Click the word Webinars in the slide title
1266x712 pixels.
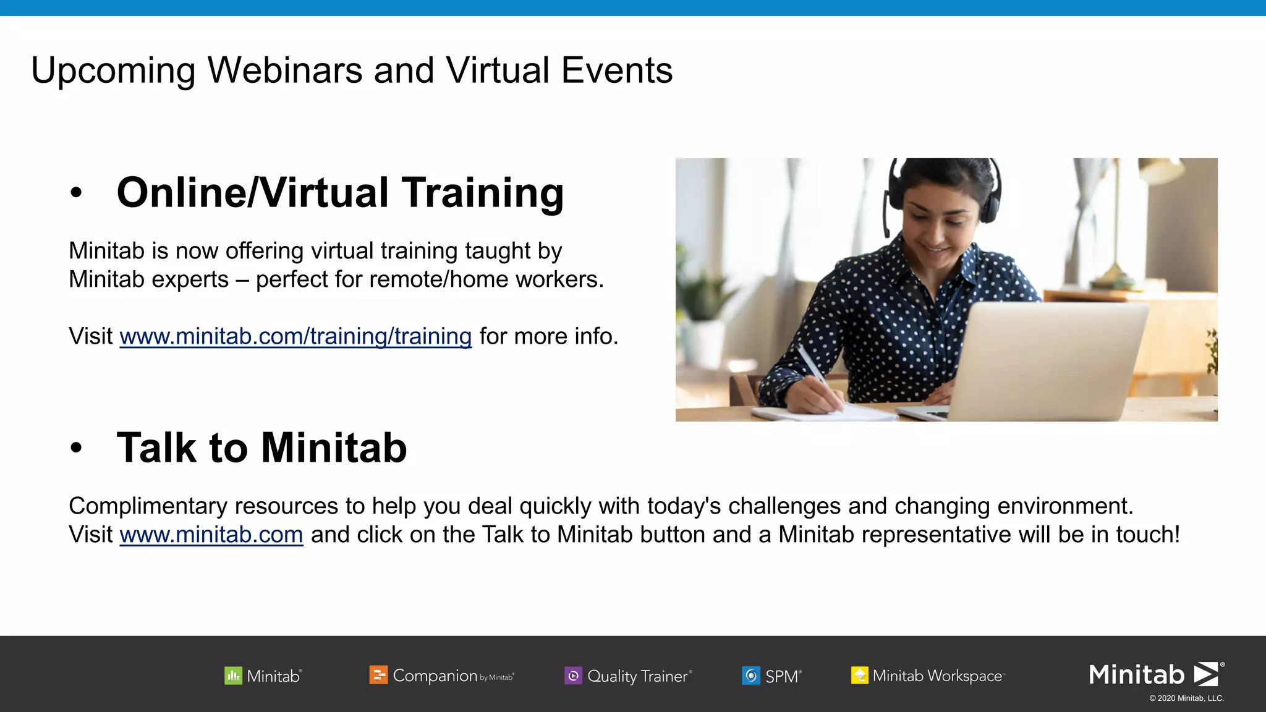point(285,70)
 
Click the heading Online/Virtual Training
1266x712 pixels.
point(340,193)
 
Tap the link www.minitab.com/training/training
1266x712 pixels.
point(295,337)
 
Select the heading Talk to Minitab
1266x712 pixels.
point(261,448)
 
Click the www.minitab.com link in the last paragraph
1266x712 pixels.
point(211,535)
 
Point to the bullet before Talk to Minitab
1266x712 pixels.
point(76,448)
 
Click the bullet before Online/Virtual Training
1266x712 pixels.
point(76,193)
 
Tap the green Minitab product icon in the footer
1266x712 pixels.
point(233,676)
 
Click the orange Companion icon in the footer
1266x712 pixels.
point(378,675)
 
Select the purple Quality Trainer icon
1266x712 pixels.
point(573,676)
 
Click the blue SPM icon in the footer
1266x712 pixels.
point(750,676)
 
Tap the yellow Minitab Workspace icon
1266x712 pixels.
point(859,676)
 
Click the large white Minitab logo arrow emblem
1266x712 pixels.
point(1206,674)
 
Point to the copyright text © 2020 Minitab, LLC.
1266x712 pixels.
point(1186,698)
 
